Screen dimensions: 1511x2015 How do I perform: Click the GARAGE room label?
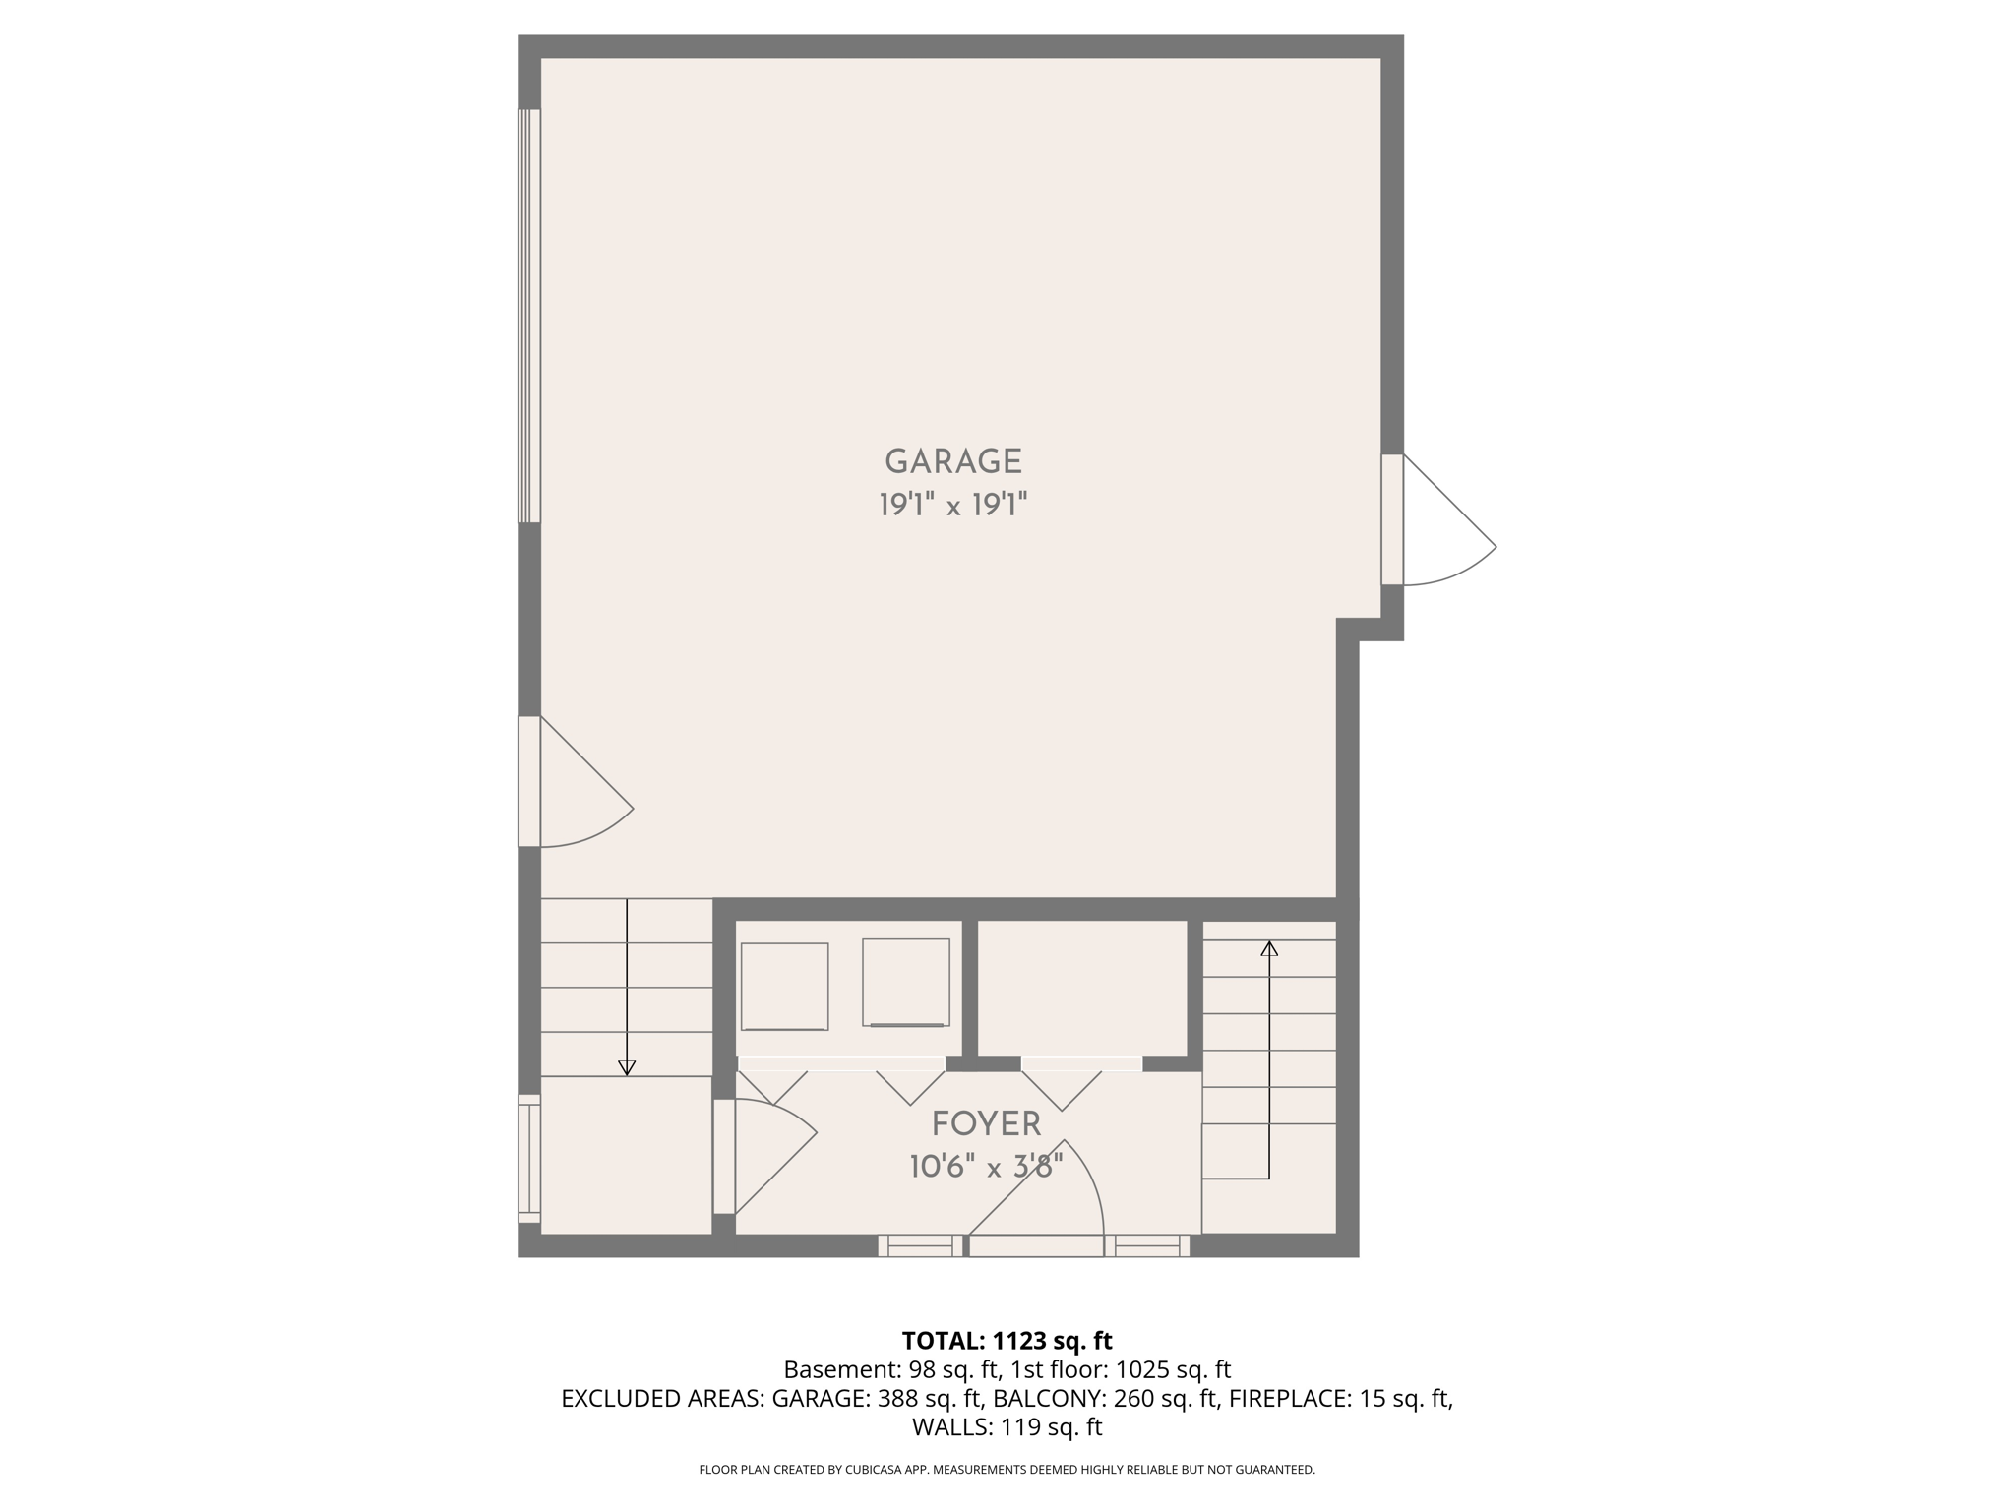tap(952, 461)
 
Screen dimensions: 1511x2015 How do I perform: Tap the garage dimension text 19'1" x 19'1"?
tap(952, 506)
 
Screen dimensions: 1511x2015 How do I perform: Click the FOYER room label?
tap(986, 1123)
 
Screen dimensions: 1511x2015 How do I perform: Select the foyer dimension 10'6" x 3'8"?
tap(986, 1168)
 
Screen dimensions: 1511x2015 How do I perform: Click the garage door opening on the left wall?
tap(529, 315)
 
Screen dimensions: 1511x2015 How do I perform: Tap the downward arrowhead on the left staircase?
tap(627, 1068)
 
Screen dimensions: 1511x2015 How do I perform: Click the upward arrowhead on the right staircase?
tap(1269, 949)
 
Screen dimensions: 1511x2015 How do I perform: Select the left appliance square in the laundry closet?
tap(784, 987)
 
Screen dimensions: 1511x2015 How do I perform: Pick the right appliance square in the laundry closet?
tap(906, 983)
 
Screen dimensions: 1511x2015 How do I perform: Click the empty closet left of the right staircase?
tap(1081, 988)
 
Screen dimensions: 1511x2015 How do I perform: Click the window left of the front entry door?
tap(921, 1246)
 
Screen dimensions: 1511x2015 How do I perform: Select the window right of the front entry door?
tap(1147, 1246)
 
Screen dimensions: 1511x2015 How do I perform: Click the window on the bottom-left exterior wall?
tap(529, 1158)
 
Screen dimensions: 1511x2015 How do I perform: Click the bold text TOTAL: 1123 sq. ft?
tap(1007, 1341)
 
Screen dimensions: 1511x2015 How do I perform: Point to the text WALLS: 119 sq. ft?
tap(1007, 1427)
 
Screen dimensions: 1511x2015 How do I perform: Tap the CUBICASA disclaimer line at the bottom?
tap(1007, 1470)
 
